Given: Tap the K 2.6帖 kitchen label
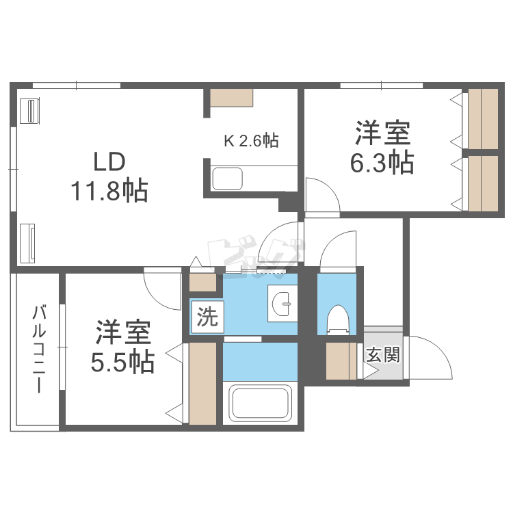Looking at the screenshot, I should [251, 141].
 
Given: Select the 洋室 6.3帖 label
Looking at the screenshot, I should [383, 147].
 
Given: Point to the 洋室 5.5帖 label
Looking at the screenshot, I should [124, 346].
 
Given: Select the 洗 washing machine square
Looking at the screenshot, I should [207, 317].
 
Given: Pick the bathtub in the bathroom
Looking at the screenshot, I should [261, 404].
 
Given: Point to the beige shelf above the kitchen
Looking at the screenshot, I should [232, 97].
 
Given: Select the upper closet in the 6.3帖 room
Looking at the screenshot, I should [483, 118].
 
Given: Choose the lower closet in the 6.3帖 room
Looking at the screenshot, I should [483, 183].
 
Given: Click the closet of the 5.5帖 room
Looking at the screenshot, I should [203, 384].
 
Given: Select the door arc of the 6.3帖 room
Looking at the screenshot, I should [321, 194].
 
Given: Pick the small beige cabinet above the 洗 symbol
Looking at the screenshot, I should [202, 282].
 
